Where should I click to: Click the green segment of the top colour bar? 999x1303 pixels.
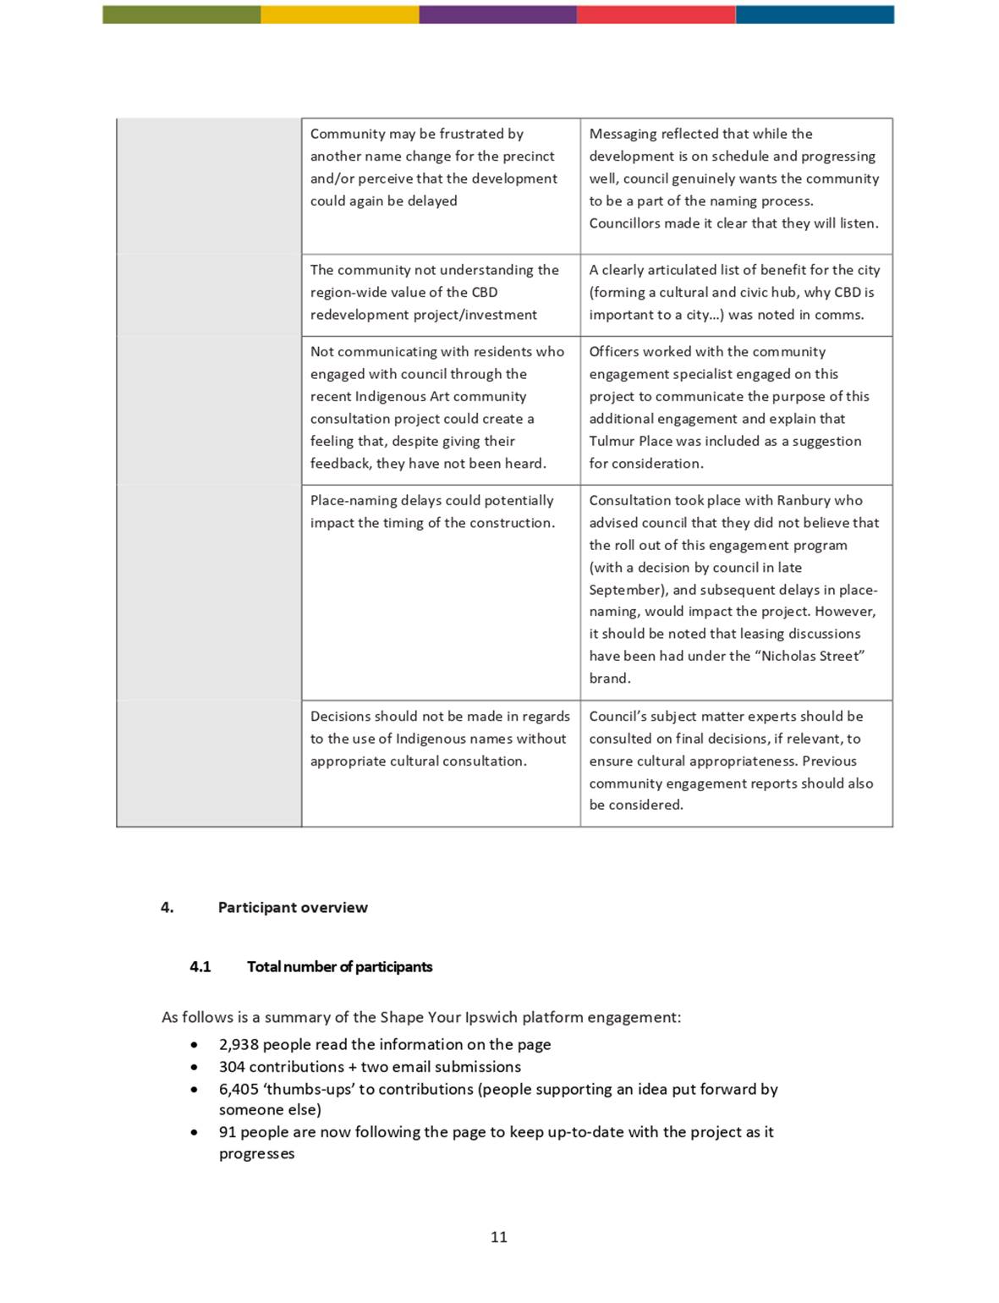pos(181,14)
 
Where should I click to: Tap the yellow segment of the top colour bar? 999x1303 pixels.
pos(339,14)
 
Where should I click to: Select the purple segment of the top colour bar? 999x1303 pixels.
pos(497,14)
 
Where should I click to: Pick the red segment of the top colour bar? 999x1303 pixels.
pos(656,14)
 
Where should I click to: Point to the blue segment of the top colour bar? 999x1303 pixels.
pos(814,14)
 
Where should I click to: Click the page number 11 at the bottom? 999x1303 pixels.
pos(499,1237)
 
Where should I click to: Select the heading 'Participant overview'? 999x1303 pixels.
pos(293,908)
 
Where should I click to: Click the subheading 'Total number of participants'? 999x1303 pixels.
pos(339,967)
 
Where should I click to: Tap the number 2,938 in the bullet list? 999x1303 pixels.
pos(239,1045)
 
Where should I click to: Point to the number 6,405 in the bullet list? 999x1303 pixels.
pos(239,1090)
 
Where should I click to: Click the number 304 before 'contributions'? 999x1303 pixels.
pos(232,1067)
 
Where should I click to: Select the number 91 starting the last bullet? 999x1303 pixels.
pos(228,1132)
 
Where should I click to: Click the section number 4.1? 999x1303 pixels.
pos(200,967)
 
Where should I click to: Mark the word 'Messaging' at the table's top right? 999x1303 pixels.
pos(621,134)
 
